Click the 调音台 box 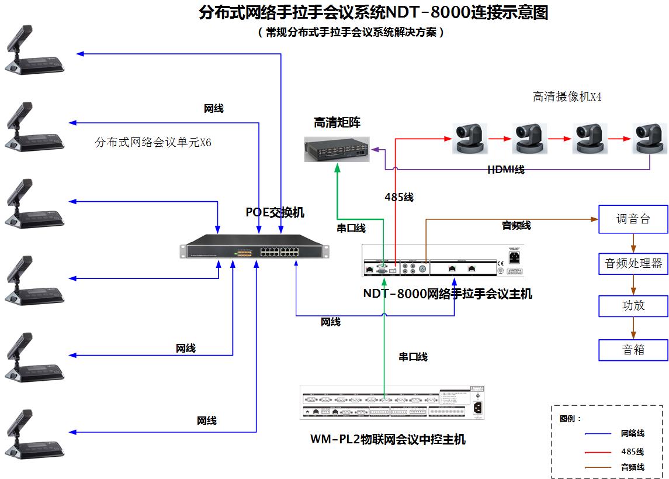pos(633,219)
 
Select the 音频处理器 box pos(633,264)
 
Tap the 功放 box pos(633,305)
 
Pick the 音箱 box pos(633,350)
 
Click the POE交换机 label pos(275,212)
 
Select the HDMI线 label pos(506,170)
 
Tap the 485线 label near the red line pos(399,198)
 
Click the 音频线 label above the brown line pos(517,225)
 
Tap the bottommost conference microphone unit pos(34,433)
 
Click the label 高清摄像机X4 pos(567,97)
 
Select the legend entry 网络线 pos(632,433)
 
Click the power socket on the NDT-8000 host pos(515,257)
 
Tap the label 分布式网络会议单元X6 pos(153,142)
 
